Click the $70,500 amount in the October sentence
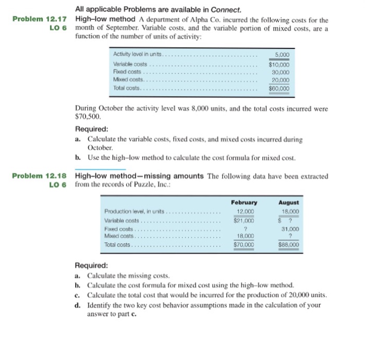[x=83, y=118]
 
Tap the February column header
[x=244, y=202]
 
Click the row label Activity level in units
[x=138, y=55]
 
